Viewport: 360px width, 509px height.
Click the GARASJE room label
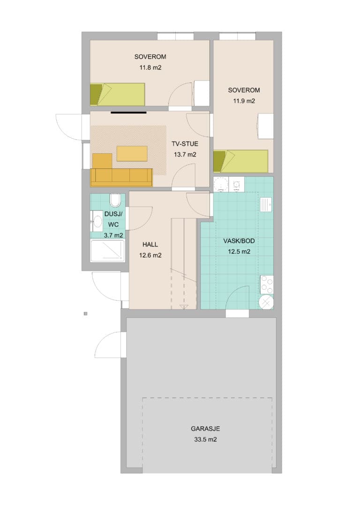point(205,428)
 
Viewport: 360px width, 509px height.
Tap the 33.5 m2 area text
point(205,440)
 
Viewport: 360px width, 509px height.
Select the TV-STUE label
point(185,144)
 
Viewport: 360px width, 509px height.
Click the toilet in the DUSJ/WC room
point(115,200)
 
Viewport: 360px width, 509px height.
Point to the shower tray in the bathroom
point(107,251)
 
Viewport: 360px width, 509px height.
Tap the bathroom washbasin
point(97,221)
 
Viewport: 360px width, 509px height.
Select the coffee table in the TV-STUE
point(132,154)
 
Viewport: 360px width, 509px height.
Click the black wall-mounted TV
point(128,112)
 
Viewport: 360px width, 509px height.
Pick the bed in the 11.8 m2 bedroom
point(117,94)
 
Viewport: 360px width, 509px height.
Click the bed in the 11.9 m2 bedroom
point(240,161)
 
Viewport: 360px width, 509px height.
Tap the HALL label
point(150,245)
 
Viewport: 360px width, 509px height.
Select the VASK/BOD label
point(239,241)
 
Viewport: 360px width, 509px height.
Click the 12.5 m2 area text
point(239,252)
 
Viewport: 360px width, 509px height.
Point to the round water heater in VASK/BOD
point(266,302)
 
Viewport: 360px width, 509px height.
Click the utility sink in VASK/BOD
point(266,204)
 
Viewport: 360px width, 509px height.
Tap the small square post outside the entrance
point(85,314)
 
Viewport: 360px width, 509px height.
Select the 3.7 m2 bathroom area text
point(113,235)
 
